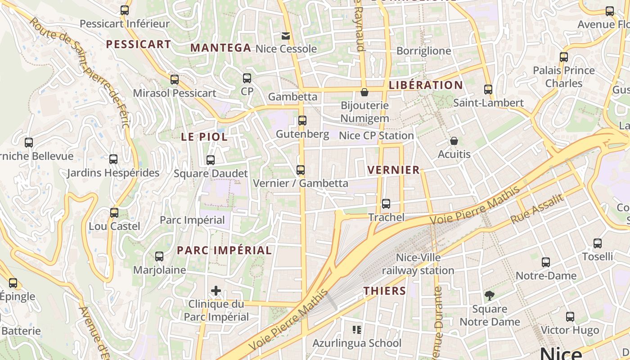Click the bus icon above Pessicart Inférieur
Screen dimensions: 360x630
(125, 10)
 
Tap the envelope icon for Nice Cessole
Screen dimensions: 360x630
(286, 36)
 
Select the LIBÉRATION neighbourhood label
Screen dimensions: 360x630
(426, 85)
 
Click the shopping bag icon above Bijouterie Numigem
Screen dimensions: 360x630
(364, 92)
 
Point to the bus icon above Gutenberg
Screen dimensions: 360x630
(302, 121)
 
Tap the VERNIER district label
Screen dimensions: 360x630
(393, 170)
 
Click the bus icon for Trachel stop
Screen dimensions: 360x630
(386, 204)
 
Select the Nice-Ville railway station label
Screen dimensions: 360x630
(418, 264)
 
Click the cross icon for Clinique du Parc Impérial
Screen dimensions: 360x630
(216, 291)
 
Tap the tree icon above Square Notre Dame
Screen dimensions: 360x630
(490, 296)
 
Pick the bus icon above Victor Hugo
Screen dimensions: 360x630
(570, 317)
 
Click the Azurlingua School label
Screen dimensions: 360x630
(357, 343)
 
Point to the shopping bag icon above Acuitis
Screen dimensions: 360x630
(454, 141)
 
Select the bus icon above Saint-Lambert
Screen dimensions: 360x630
(488, 90)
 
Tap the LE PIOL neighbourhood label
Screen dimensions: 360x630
(204, 137)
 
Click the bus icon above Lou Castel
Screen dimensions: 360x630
(114, 213)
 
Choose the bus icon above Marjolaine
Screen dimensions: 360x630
(159, 256)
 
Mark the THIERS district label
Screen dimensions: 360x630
(385, 291)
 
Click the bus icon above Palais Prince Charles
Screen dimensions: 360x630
(564, 57)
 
